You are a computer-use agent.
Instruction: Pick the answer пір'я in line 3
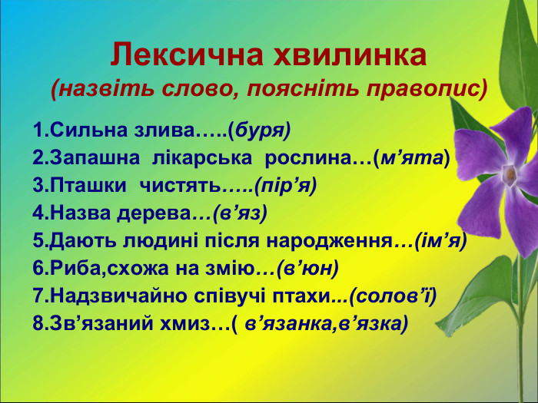tap(284, 186)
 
